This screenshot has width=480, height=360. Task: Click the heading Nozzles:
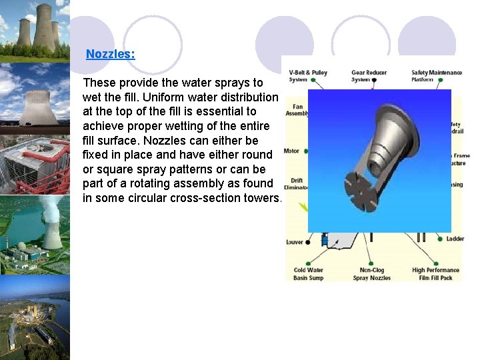click(x=110, y=54)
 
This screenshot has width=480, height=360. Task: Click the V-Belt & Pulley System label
click(x=307, y=76)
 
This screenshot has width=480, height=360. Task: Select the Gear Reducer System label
click(x=369, y=76)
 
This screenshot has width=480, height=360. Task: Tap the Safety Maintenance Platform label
click(x=436, y=76)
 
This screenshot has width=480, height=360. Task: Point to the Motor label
click(x=291, y=151)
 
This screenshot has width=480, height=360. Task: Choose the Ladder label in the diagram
click(x=455, y=239)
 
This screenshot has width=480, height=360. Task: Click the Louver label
click(x=294, y=243)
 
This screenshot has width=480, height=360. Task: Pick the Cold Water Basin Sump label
click(x=308, y=274)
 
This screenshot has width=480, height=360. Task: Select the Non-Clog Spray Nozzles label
click(x=371, y=274)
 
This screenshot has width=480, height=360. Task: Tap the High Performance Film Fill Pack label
click(x=437, y=274)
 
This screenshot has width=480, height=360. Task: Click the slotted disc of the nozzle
click(x=364, y=187)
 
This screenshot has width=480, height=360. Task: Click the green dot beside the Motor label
click(x=307, y=151)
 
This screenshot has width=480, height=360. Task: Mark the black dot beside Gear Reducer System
click(x=374, y=80)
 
